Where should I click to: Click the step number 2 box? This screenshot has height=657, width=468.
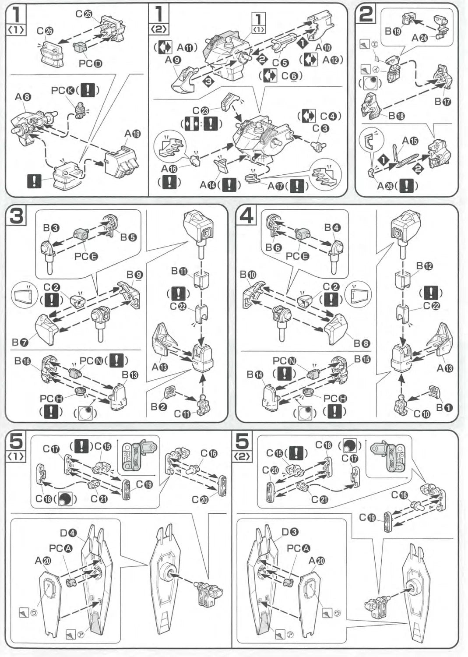[366, 14]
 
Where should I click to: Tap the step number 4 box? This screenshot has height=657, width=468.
[246, 216]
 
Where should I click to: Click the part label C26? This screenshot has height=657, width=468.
[45, 31]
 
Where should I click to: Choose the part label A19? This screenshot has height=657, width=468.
[132, 134]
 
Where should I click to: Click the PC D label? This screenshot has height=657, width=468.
[90, 64]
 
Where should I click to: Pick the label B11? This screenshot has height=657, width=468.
[179, 272]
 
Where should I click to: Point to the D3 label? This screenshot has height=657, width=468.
[290, 532]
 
